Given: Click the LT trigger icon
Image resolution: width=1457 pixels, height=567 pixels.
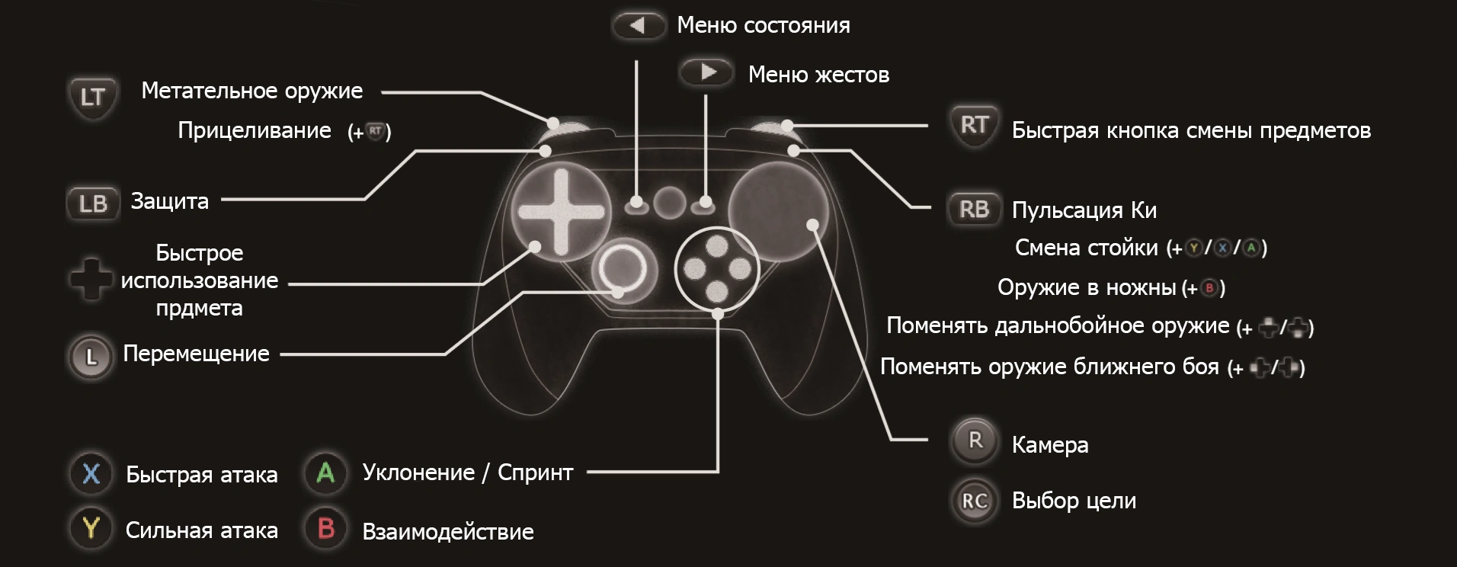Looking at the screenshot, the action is [x=92, y=98].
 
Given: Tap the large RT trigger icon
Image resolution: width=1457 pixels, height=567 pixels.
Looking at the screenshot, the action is [x=974, y=125].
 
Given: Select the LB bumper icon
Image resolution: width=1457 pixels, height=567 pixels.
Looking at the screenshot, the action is [x=93, y=203].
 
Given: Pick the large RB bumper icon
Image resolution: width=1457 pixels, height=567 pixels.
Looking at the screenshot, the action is [x=974, y=209].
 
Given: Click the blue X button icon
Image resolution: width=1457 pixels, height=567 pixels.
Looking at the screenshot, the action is [x=91, y=473].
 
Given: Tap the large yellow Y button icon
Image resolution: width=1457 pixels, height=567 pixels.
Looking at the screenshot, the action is [x=91, y=528].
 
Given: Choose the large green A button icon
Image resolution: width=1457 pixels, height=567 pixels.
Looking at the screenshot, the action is [x=325, y=473].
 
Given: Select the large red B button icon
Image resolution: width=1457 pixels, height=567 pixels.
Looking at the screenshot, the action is [x=325, y=528].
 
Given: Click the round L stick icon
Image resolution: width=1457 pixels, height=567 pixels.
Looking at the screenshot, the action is [x=91, y=356].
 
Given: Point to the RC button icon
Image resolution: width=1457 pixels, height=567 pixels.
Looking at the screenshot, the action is [x=975, y=501].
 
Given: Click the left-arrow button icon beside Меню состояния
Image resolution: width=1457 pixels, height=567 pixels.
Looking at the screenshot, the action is [x=638, y=26].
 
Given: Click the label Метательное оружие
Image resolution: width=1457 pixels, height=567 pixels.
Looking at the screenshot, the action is [x=252, y=91].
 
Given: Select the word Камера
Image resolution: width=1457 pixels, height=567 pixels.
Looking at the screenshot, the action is [x=1049, y=445].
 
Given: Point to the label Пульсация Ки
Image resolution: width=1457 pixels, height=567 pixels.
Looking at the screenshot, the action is [x=1084, y=210].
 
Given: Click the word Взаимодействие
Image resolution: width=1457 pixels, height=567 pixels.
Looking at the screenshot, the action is [x=448, y=531].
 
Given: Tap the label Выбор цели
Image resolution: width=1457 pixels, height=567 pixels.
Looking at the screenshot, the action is [x=1074, y=501].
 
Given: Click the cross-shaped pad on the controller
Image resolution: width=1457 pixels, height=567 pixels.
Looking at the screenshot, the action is [x=561, y=212].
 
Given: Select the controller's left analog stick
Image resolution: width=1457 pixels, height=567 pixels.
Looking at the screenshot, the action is [x=623, y=268].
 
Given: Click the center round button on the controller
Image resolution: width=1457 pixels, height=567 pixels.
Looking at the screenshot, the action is [x=670, y=203].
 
